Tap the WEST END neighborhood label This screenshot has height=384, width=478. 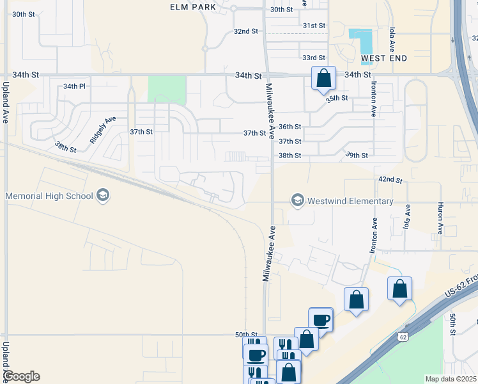pyautogui.click(x=384, y=59)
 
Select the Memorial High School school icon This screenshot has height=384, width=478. pyautogui.click(x=103, y=196)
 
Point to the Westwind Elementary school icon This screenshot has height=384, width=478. pyautogui.click(x=297, y=201)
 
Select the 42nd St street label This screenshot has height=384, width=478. pyautogui.click(x=390, y=180)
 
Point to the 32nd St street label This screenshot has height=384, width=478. pyautogui.click(x=245, y=31)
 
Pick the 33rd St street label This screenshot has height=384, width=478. pyautogui.click(x=314, y=58)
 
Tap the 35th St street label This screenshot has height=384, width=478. pyautogui.click(x=336, y=99)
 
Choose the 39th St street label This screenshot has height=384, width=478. pyautogui.click(x=357, y=156)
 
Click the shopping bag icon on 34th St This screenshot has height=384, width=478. pyautogui.click(x=323, y=78)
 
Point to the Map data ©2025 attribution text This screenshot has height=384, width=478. pyautogui.click(x=450, y=379)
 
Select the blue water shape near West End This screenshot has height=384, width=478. pyautogui.click(x=362, y=41)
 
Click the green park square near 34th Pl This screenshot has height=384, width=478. pyautogui.click(x=167, y=89)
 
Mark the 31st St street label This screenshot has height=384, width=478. pyautogui.click(x=314, y=26)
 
